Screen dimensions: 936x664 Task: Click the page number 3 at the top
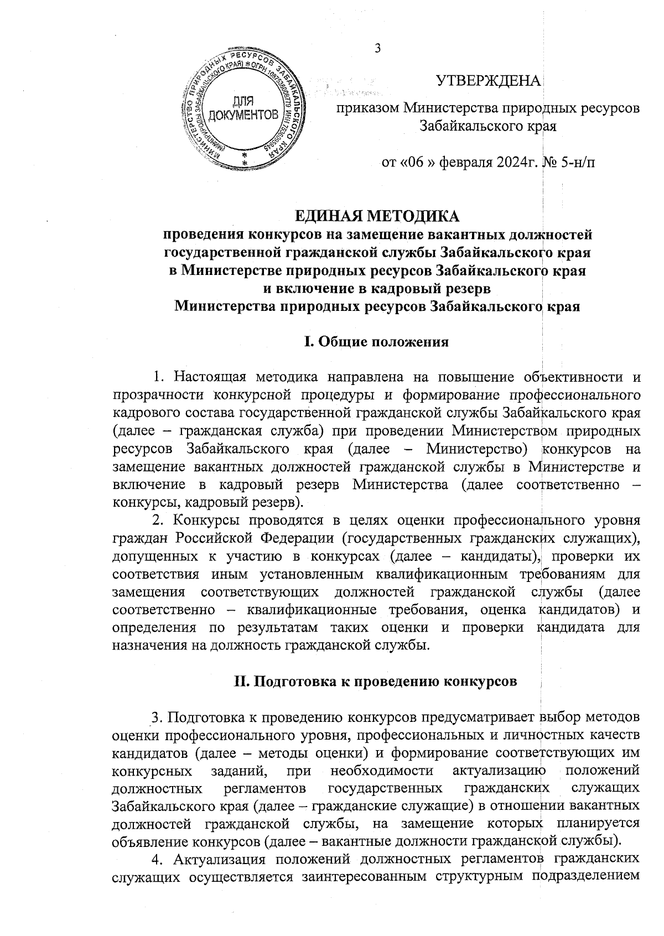(378, 49)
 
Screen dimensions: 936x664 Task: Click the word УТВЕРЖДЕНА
(489, 81)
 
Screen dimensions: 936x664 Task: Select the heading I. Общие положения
(377, 342)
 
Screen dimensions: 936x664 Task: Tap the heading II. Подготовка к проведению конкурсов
(376, 681)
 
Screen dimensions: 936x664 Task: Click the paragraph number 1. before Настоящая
(159, 378)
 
